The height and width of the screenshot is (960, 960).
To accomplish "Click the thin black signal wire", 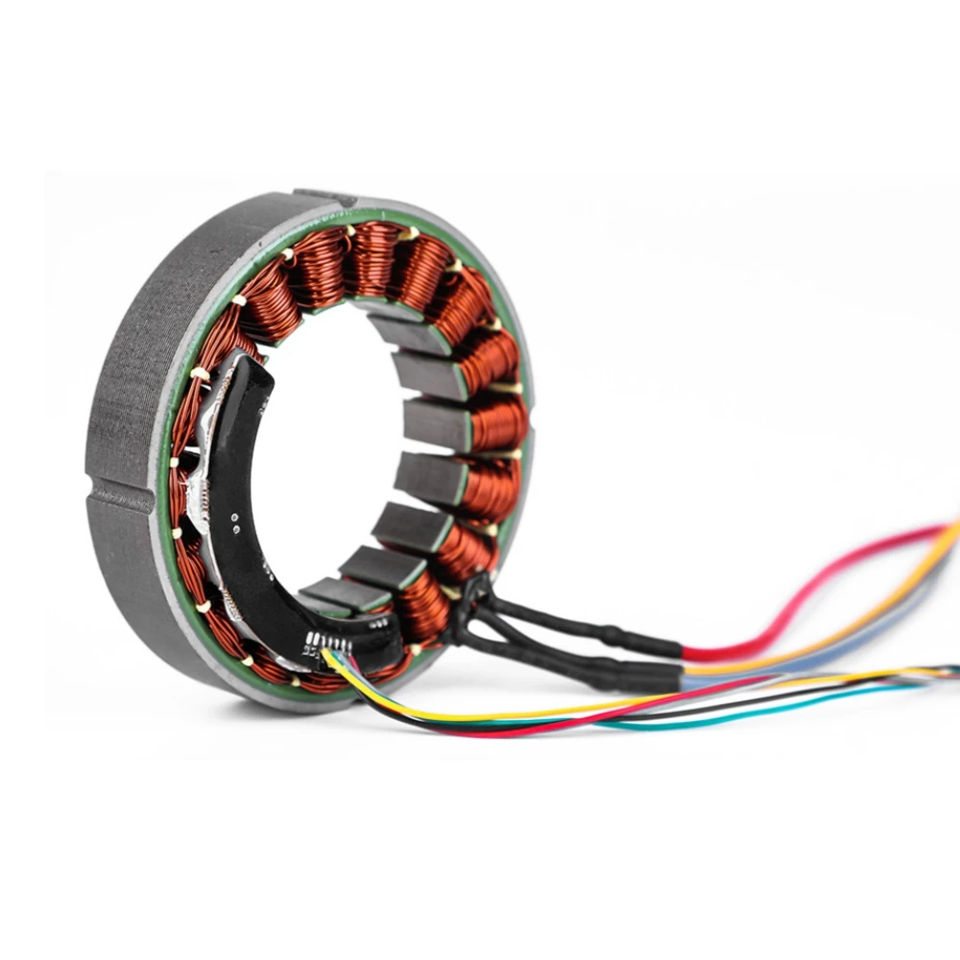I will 672,710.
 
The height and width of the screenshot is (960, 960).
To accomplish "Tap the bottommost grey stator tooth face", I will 326,601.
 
